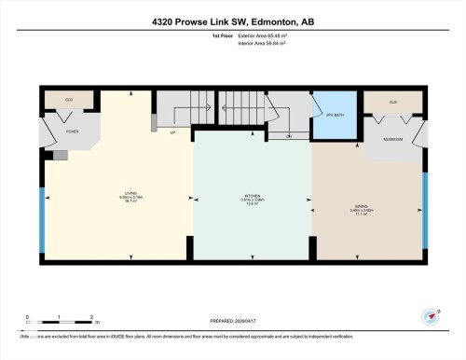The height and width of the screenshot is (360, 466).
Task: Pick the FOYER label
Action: [72, 132]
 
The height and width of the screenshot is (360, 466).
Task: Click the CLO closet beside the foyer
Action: [69, 99]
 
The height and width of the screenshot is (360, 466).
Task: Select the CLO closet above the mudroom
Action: [392, 102]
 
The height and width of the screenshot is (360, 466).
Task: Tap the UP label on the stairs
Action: [172, 132]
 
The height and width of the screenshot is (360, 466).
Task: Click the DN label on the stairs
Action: [289, 136]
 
